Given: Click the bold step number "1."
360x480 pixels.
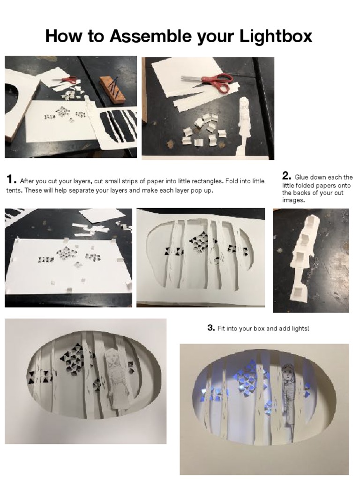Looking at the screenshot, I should [11, 180].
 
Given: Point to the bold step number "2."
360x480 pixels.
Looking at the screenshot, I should [286, 176].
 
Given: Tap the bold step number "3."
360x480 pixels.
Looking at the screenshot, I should [211, 328].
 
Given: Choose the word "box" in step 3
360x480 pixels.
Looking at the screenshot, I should [257, 329].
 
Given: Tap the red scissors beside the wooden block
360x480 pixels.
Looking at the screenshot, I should [67, 80].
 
